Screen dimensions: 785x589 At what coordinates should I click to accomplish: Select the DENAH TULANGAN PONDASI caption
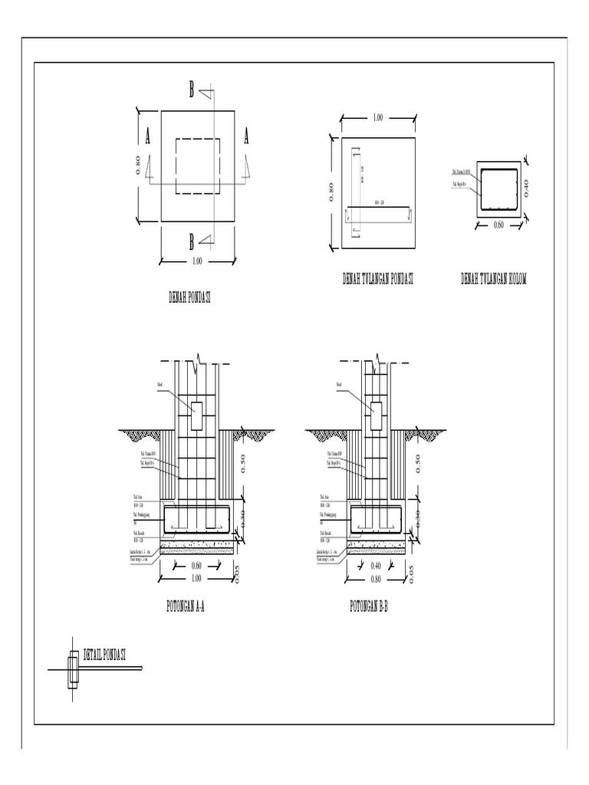click(x=378, y=280)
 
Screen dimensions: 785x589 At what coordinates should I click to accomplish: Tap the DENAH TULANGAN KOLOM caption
click(x=494, y=280)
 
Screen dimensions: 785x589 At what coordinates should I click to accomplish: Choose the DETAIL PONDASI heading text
click(x=104, y=655)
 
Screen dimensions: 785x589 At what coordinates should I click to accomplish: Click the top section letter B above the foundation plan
click(x=192, y=91)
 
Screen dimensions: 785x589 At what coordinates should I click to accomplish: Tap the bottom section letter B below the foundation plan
click(x=192, y=242)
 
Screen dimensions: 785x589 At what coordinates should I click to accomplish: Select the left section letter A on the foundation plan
click(x=147, y=137)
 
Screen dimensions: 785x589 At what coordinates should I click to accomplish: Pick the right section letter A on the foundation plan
click(x=246, y=137)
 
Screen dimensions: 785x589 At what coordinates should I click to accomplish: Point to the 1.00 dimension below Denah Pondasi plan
click(x=197, y=261)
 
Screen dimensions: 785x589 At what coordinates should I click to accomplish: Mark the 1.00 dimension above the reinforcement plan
click(x=377, y=118)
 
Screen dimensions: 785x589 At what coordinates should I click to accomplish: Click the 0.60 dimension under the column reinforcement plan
click(x=500, y=225)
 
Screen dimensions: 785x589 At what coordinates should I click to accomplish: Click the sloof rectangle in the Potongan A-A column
click(x=197, y=415)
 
